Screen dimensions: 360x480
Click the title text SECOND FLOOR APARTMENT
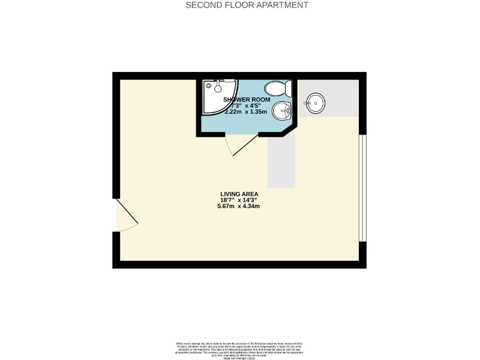[x=247, y=5]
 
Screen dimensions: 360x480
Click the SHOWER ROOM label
[x=247, y=99]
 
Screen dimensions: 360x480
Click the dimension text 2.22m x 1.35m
[x=246, y=112]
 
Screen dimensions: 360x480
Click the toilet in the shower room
[x=274, y=88]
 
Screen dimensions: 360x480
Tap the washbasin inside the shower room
[x=281, y=111]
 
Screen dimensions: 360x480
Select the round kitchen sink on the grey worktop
[x=315, y=102]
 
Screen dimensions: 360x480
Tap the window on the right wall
[x=362, y=187]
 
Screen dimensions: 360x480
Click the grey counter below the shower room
[x=281, y=161]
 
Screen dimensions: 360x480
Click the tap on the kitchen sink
[x=307, y=102]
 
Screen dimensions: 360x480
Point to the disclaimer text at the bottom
[x=239, y=350]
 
